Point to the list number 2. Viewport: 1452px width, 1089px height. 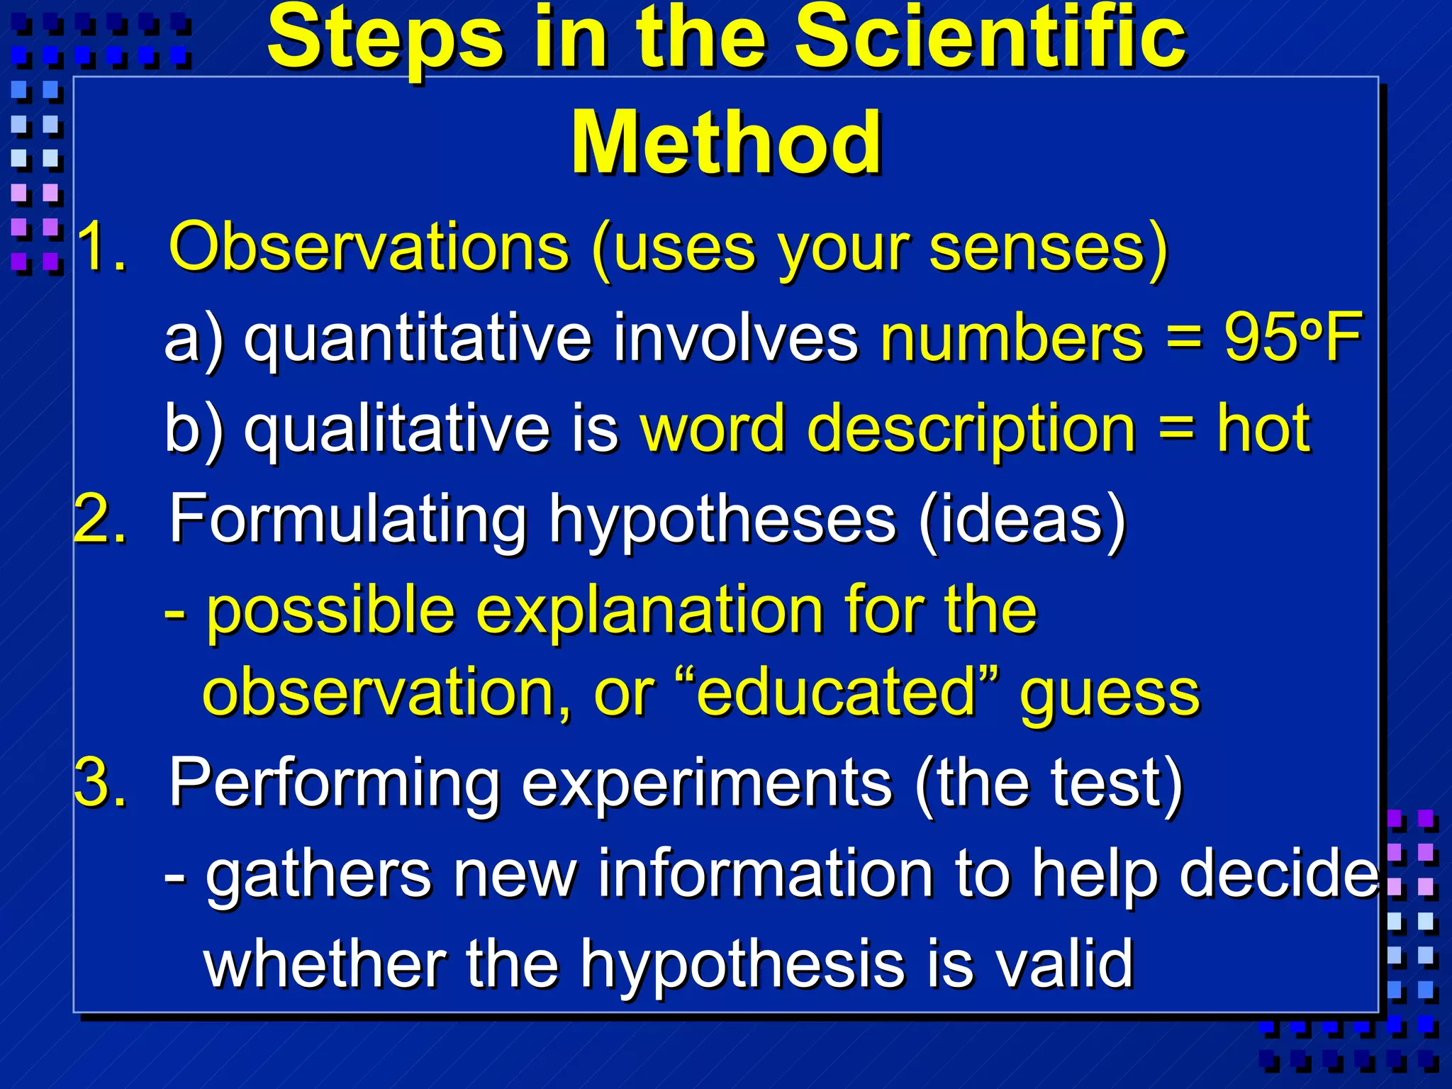(101, 519)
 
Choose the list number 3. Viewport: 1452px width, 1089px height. (101, 783)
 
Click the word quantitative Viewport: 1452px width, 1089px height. (418, 339)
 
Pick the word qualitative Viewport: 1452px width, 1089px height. (397, 429)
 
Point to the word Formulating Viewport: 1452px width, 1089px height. (347, 520)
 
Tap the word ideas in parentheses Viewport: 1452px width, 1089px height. (1021, 519)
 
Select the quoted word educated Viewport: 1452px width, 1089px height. (837, 692)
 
